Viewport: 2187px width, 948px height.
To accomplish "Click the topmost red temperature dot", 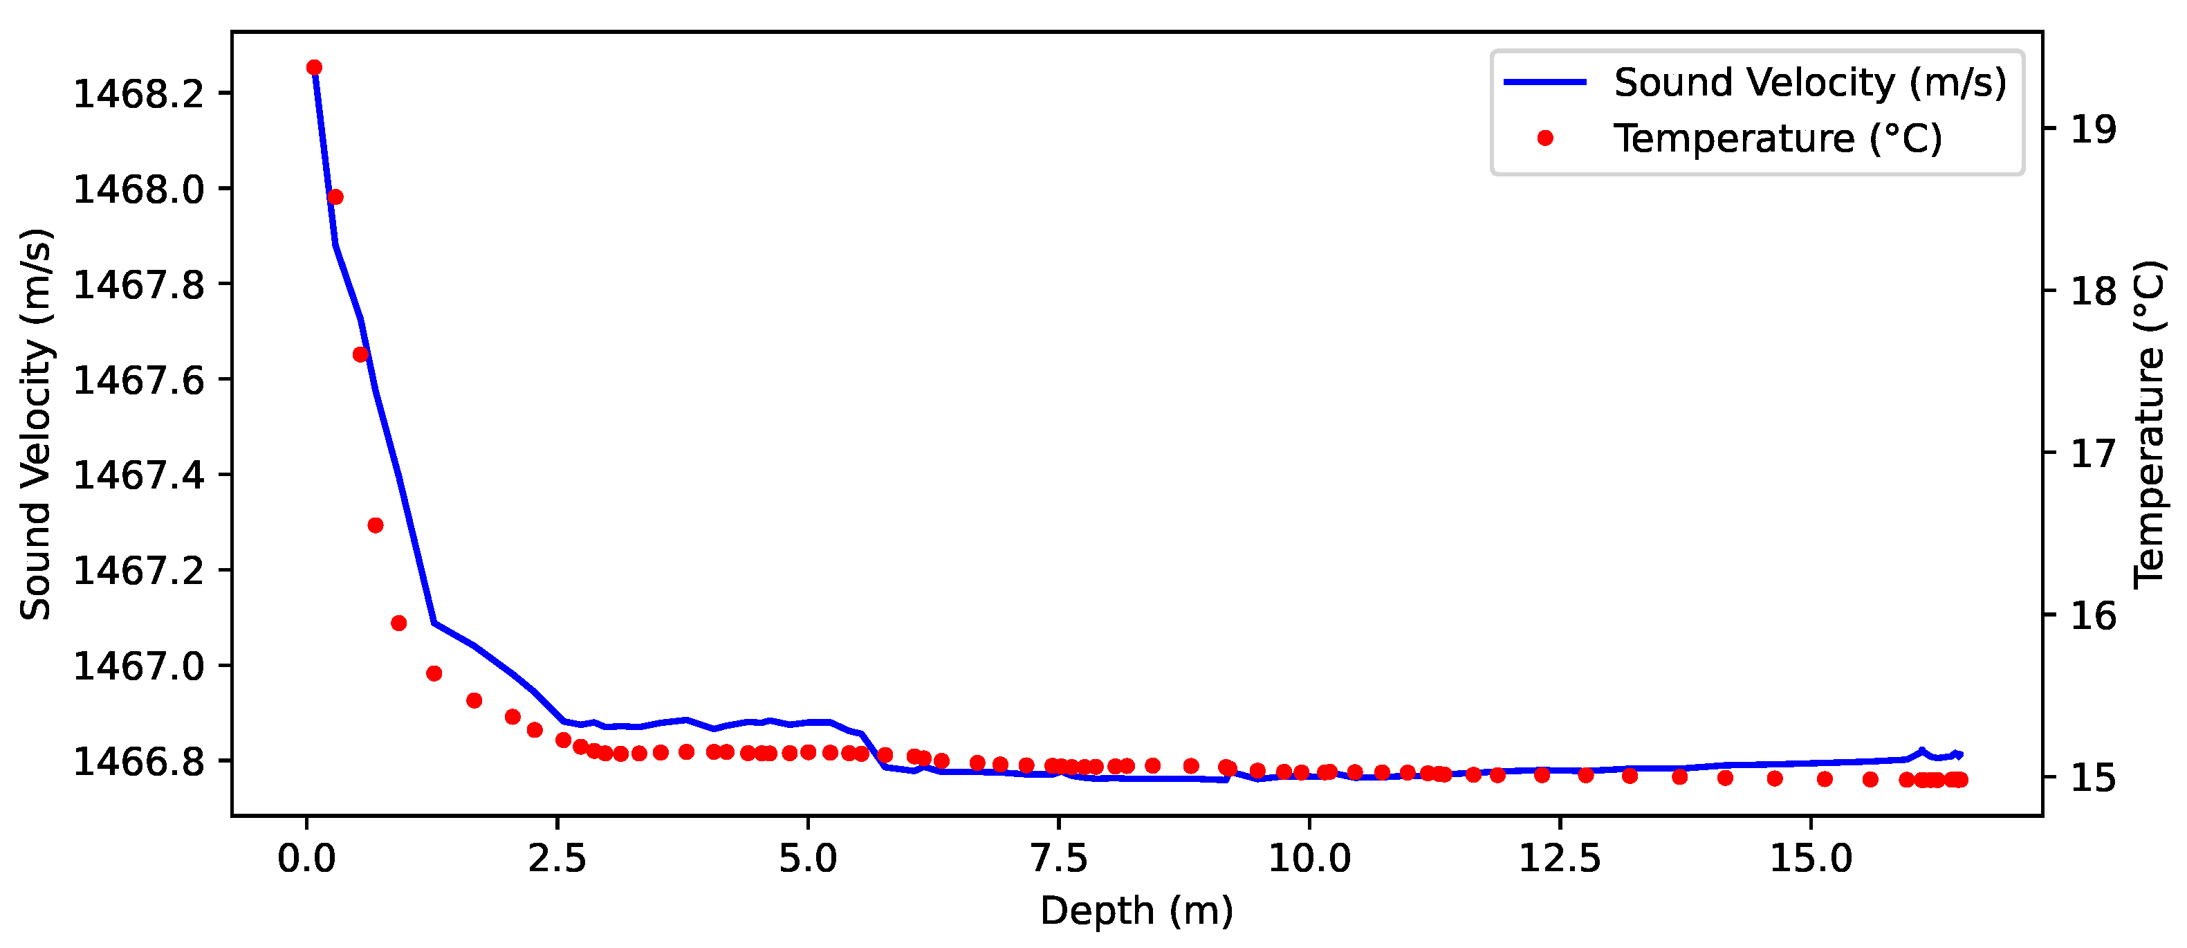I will [x=314, y=68].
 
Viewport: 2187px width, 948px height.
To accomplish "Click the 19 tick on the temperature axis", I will [x=2094, y=129].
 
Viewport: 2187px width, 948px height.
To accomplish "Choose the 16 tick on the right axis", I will [x=2094, y=615].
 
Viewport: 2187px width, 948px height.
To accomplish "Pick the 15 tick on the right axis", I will [x=2094, y=777].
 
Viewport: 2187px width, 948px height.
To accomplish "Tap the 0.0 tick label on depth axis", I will [x=306, y=859].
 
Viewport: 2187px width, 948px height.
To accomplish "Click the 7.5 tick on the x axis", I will [x=1059, y=859].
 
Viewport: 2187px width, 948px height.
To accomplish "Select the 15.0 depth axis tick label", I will [x=1811, y=859].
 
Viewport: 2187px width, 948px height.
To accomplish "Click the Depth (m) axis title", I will [x=1137, y=911].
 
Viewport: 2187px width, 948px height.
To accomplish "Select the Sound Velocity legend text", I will [x=1810, y=82].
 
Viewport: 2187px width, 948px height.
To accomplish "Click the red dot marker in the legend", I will [x=1545, y=138].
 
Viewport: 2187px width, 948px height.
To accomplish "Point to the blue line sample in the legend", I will [x=1545, y=82].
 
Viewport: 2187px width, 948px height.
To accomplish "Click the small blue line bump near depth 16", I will [x=1921, y=751].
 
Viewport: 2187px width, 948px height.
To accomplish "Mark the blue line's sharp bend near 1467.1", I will [x=434, y=623].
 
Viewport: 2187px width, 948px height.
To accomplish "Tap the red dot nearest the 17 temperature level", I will [x=376, y=525].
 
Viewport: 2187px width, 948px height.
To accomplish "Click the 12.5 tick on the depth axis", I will [x=1560, y=859].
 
